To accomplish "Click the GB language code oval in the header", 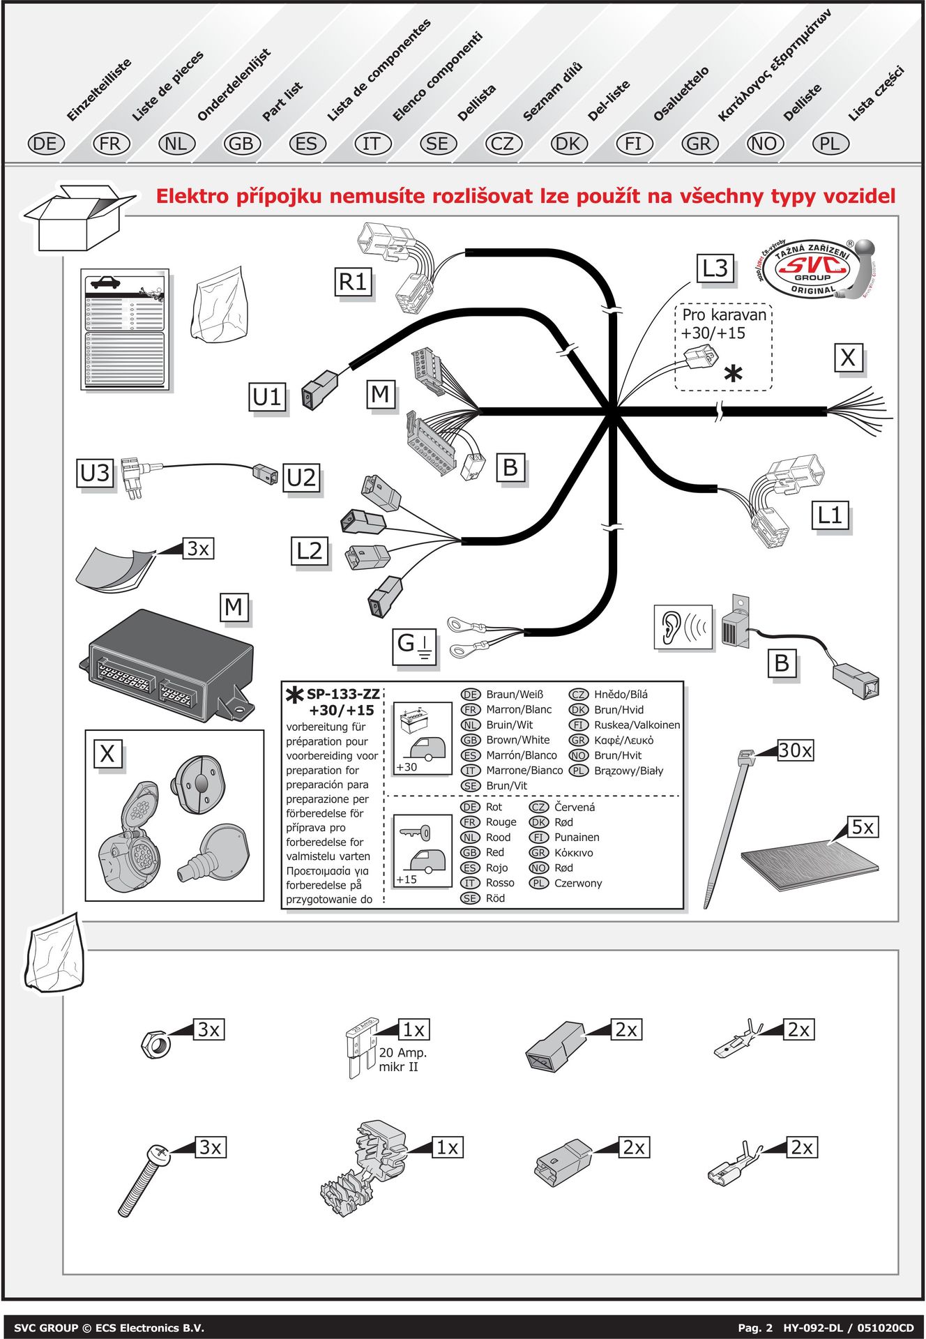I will coord(241,144).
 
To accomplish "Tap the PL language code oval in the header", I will coord(830,144).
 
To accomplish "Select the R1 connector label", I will coord(352,282).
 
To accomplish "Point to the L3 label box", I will coord(715,268).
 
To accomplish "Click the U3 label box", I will coord(96,473).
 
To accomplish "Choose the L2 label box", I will coord(310,551).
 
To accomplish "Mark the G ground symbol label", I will coord(415,645).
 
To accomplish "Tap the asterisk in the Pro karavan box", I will coord(733,374).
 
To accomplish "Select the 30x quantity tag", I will coord(796,750).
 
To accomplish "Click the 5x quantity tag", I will coord(863,827).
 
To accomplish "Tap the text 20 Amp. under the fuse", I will coord(402,1052).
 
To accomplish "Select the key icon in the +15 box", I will coord(416,833).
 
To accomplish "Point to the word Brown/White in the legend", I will coord(517,740).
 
